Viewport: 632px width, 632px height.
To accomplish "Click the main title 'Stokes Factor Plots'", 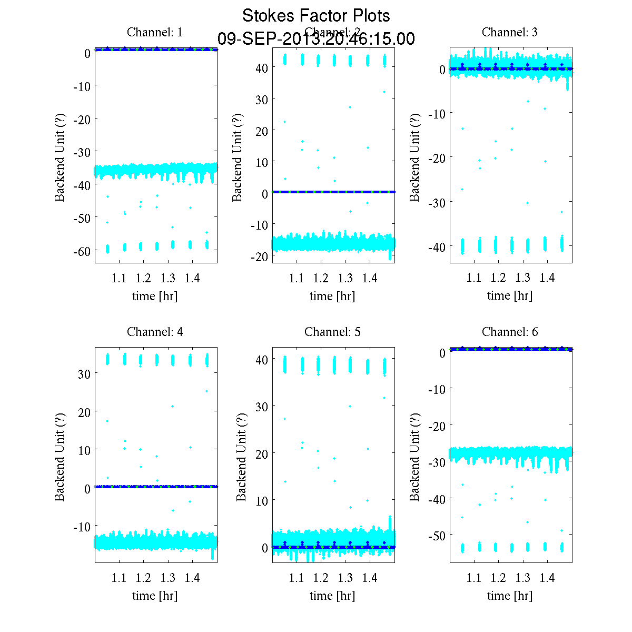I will point(316,16).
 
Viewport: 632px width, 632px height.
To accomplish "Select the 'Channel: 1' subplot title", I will point(155,32).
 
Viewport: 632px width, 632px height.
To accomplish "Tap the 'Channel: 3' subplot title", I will point(510,32).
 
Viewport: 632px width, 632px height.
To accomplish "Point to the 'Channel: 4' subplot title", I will point(155,332).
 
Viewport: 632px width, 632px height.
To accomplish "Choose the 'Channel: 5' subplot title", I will point(332,332).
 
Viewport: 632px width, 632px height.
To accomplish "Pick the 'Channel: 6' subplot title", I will point(510,332).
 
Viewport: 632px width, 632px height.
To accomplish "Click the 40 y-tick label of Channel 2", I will point(262,68).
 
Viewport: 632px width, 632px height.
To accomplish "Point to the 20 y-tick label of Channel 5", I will point(262,453).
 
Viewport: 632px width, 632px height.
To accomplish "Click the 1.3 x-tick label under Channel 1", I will point(168,278).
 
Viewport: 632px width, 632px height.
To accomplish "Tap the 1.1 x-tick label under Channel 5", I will point(297,578).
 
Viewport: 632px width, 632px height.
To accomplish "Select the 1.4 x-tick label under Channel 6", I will point(547,578).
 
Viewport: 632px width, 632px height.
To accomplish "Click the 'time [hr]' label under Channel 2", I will point(332,296).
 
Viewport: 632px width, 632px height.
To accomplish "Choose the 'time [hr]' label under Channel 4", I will point(155,596).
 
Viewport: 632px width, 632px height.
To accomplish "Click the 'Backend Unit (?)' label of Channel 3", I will point(415,157).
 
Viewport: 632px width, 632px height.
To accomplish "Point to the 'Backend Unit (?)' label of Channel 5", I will point(241,457).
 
